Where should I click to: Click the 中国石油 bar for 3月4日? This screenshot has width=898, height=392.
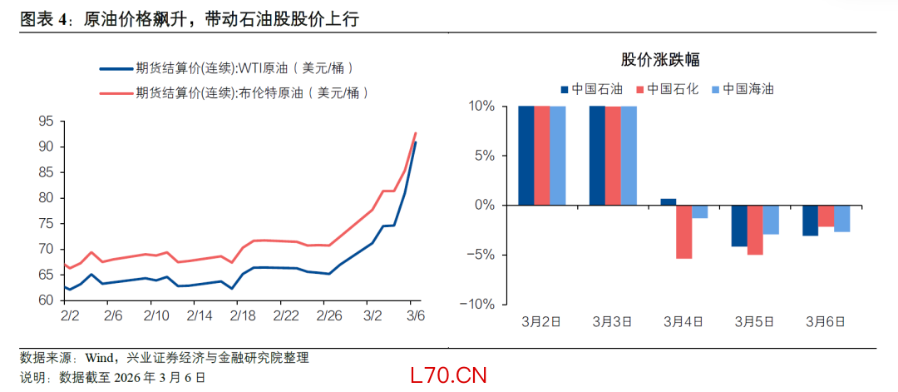669,201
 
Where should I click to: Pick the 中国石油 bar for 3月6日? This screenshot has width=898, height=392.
811,220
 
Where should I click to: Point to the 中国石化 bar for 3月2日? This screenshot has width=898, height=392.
541,155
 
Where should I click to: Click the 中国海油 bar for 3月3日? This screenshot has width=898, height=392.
629,155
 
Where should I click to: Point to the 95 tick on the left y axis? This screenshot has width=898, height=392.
46,122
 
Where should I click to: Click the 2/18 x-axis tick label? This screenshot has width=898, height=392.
242,316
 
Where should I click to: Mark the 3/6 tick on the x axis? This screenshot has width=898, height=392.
416,316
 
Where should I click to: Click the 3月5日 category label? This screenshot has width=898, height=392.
756,321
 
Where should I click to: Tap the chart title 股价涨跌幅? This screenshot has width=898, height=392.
659,59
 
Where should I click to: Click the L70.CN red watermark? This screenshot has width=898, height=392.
447,375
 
